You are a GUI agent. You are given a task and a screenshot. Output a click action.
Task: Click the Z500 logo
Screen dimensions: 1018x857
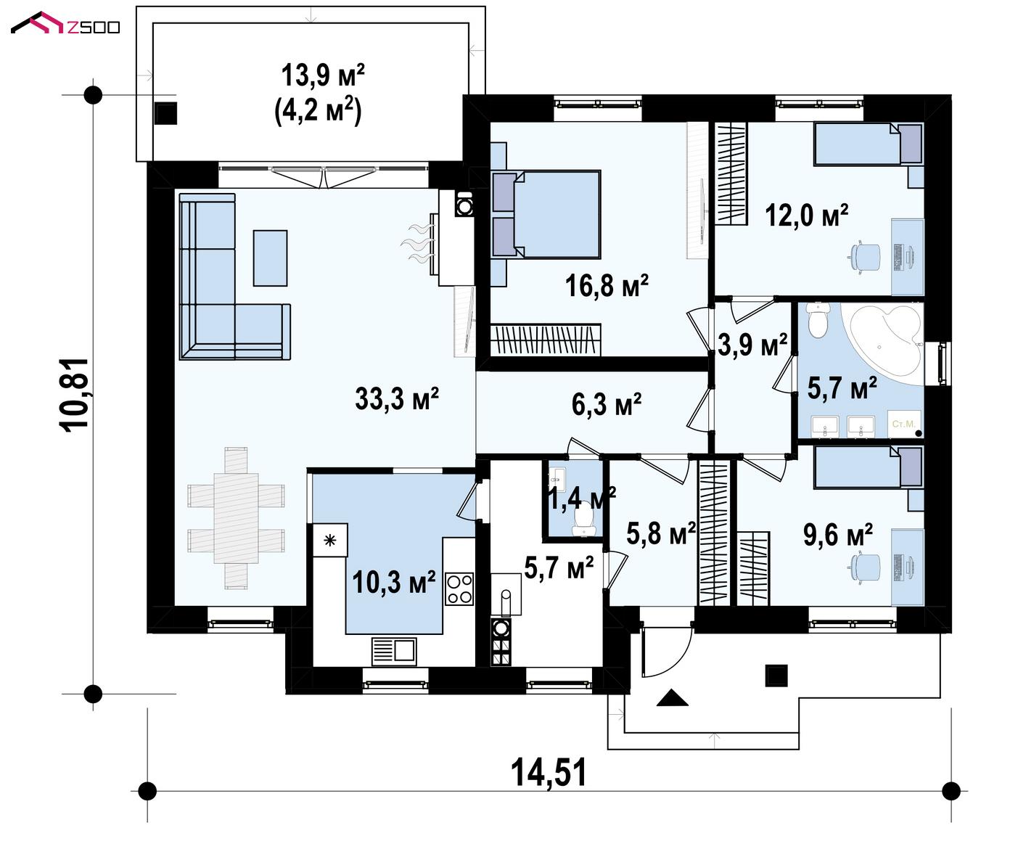tap(65, 23)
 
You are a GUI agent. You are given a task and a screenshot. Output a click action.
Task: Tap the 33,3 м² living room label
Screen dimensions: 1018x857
tap(397, 398)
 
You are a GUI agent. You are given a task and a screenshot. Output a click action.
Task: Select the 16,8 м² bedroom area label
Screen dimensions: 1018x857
tap(607, 285)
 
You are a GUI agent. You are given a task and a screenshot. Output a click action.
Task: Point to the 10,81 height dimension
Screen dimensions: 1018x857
tap(74, 394)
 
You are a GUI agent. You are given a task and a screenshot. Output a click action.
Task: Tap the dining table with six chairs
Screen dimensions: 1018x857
tap(236, 518)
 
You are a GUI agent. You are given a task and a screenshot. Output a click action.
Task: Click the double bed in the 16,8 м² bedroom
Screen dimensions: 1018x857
tap(546, 214)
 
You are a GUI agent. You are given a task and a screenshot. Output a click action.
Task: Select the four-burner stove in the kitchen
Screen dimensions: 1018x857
tap(459, 589)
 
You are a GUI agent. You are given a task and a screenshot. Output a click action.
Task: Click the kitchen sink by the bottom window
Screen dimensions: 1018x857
tap(394, 651)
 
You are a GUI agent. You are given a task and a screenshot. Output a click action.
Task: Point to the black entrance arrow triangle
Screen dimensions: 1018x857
tap(673, 697)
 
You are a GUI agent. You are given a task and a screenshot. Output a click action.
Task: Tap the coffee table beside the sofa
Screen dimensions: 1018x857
tap(270, 258)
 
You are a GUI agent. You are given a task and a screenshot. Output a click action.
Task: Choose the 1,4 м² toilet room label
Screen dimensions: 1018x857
tap(582, 498)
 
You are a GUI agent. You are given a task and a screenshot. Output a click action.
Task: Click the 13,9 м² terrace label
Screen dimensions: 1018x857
tap(323, 75)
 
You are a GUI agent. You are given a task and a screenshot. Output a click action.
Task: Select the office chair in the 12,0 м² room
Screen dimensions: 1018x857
tap(866, 257)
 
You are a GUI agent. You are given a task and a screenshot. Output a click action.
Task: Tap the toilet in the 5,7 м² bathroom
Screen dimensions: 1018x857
tap(818, 320)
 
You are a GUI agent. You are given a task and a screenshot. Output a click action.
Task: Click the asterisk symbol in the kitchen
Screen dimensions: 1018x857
tap(330, 540)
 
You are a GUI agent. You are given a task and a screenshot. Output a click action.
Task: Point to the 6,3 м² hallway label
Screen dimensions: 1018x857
tap(606, 404)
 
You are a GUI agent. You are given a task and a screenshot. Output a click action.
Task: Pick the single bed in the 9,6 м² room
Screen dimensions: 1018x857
tap(869, 468)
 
